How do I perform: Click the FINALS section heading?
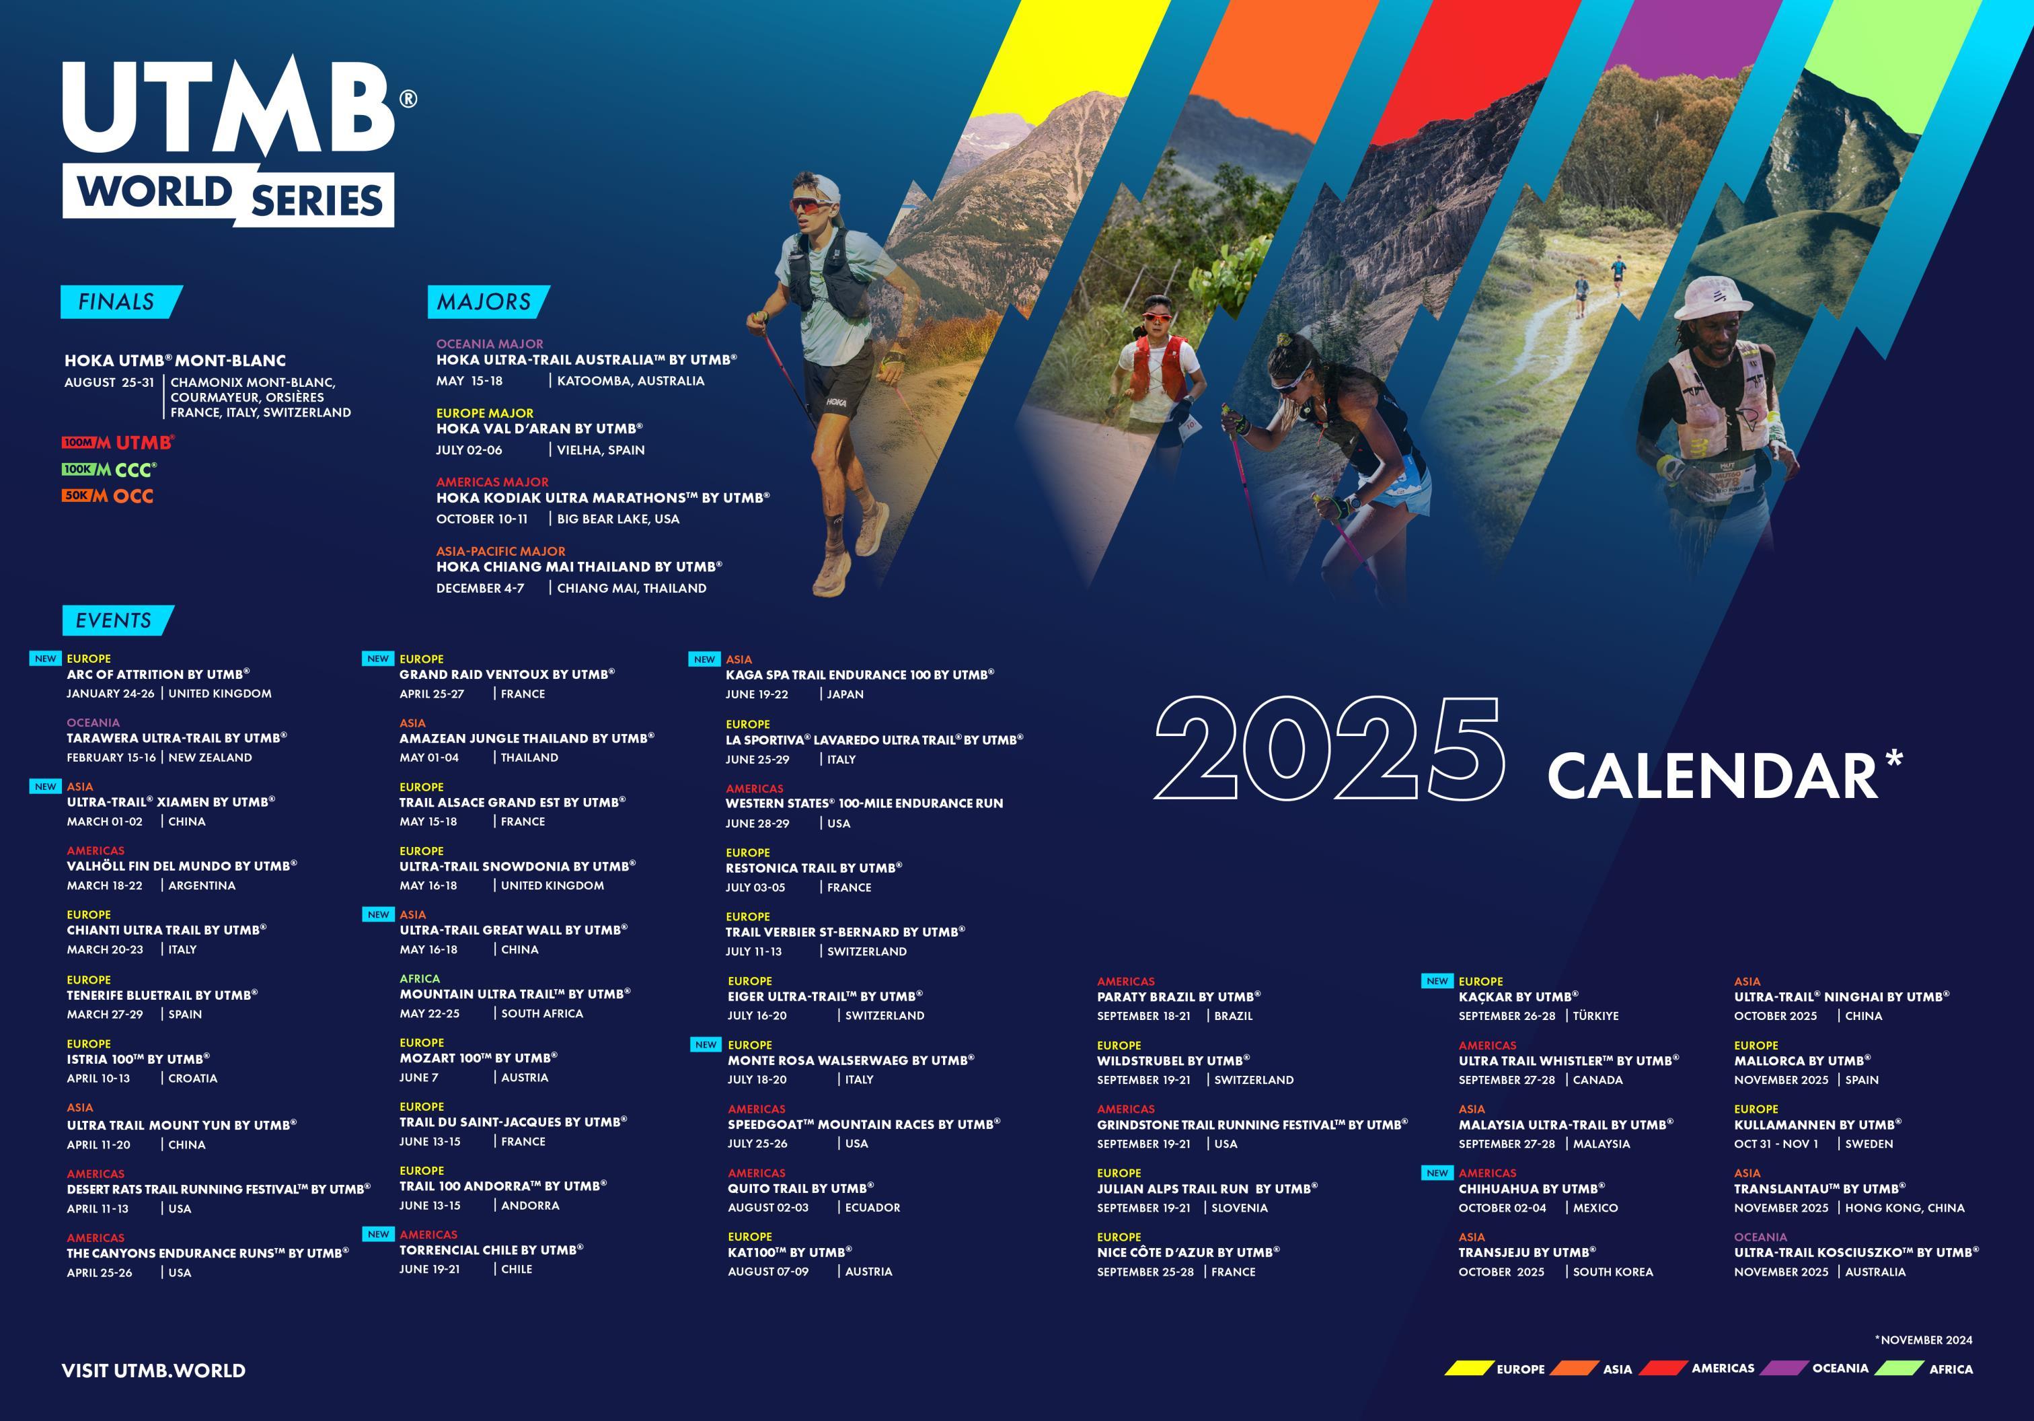116,302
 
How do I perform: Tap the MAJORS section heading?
484,302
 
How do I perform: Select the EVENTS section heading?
114,620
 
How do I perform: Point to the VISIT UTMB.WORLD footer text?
153,1371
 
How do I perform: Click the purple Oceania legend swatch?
1783,1368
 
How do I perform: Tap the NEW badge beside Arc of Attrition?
46,658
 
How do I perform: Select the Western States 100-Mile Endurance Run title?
864,803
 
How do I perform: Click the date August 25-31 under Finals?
109,383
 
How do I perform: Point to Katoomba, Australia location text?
631,381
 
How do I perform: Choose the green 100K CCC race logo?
109,470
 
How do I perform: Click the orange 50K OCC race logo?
107,496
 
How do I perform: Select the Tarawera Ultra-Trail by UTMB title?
176,738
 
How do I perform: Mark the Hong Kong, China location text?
1905,1208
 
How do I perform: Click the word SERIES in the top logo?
317,201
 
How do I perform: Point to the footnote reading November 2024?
1923,1340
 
